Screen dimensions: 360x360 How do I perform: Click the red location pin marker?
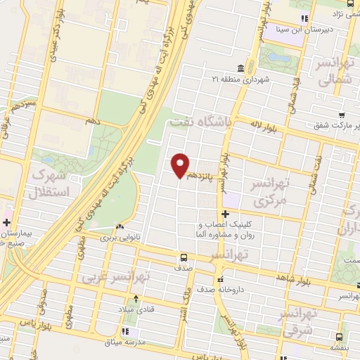pyautogui.click(x=181, y=165)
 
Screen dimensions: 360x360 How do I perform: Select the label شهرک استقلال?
pyautogui.click(x=52, y=181)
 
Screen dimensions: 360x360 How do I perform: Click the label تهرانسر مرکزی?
pyautogui.click(x=269, y=191)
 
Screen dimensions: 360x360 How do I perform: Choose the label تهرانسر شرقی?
pyautogui.click(x=304, y=321)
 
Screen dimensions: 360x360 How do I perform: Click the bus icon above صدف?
pyautogui.click(x=183, y=257)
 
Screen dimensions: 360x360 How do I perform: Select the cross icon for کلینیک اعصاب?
pyautogui.click(x=225, y=214)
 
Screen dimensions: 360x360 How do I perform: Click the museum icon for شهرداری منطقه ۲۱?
pyautogui.click(x=241, y=68)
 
